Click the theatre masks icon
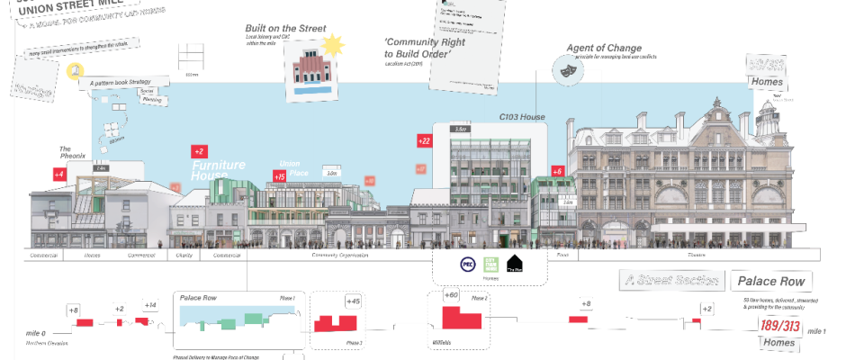click(x=568, y=69)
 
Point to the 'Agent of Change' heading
click(x=603, y=48)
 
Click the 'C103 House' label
click(x=523, y=118)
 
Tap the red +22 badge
click(x=424, y=140)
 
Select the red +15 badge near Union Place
click(x=279, y=177)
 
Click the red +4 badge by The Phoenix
click(x=59, y=175)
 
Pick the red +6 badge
click(x=557, y=171)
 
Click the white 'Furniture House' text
click(x=219, y=170)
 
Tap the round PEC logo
click(x=467, y=265)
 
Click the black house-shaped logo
click(x=513, y=263)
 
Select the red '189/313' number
click(x=778, y=325)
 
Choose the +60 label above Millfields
click(x=451, y=295)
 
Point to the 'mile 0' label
click(x=36, y=333)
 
